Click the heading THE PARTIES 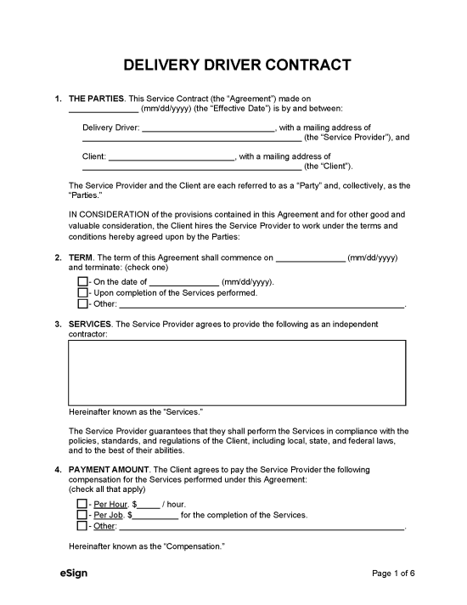click(96, 99)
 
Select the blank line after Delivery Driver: click(207, 127)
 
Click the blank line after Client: click(172, 156)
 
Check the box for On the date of click(82, 281)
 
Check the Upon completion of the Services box click(82, 292)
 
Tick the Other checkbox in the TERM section click(82, 303)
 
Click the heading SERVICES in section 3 click(89, 324)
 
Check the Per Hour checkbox click(82, 504)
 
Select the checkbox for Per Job click(82, 515)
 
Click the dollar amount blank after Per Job click(155, 515)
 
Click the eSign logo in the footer click(74, 573)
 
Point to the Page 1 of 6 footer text click(394, 574)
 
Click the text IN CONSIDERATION click(104, 215)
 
